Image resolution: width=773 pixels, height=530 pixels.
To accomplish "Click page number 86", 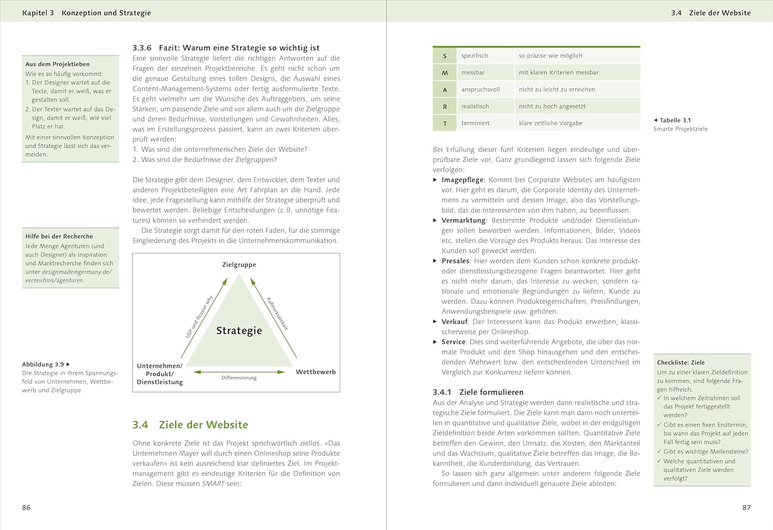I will (x=26, y=507).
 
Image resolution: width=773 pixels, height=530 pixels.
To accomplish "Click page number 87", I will (x=746, y=507).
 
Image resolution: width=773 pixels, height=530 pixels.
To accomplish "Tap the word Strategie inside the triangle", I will (x=239, y=331).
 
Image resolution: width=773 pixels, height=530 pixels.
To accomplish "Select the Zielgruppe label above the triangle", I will (x=239, y=265).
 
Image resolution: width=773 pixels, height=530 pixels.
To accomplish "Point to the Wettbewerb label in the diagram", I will (x=315, y=372).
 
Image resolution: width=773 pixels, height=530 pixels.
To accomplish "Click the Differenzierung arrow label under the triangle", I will (x=239, y=378).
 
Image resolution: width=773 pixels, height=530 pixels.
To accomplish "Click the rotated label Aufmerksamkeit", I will (x=277, y=313).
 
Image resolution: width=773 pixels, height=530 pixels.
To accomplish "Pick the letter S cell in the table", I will (x=445, y=56).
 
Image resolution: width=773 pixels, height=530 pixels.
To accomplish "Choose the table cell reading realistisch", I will (x=475, y=106).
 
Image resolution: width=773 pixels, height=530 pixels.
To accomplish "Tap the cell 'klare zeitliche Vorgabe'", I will (x=550, y=123).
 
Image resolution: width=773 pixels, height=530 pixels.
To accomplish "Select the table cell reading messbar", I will (x=473, y=73).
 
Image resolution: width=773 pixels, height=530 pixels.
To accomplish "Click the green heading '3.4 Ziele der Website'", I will (x=190, y=425).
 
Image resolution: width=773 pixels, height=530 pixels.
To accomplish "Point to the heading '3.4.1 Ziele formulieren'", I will (x=471, y=392).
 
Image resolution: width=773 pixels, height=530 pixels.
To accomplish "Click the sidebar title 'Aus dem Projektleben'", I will (x=57, y=64).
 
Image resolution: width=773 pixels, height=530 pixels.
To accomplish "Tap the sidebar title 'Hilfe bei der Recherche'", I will (x=59, y=236).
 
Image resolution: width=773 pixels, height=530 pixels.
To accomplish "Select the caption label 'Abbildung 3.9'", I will (x=43, y=364).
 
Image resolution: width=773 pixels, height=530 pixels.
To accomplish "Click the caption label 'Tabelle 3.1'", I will (x=675, y=120).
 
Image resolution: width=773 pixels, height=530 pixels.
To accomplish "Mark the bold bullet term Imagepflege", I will (x=462, y=180).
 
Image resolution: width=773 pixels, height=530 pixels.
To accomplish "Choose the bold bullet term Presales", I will (x=455, y=261).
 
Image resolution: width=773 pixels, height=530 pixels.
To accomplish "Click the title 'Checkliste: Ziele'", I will (x=681, y=363).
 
